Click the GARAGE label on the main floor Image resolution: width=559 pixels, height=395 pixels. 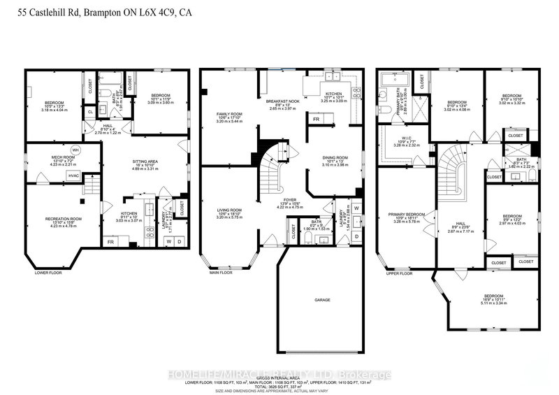pyautogui.click(x=321, y=300)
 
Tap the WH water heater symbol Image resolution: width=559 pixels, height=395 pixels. pyautogui.click(x=75, y=150)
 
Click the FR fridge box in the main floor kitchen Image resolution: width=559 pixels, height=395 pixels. pyautogui.click(x=317, y=120)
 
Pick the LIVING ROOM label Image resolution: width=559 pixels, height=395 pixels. pyautogui.click(x=228, y=208)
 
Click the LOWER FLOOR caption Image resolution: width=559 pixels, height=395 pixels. pyautogui.click(x=48, y=273)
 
